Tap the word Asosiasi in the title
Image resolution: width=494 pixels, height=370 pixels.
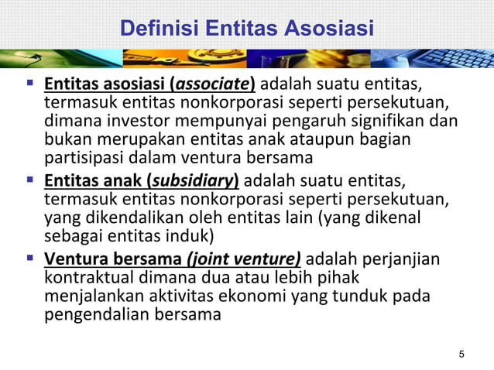pos(328,29)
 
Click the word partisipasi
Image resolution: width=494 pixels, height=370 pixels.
pos(81,158)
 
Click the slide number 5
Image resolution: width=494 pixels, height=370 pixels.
pos(462,355)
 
